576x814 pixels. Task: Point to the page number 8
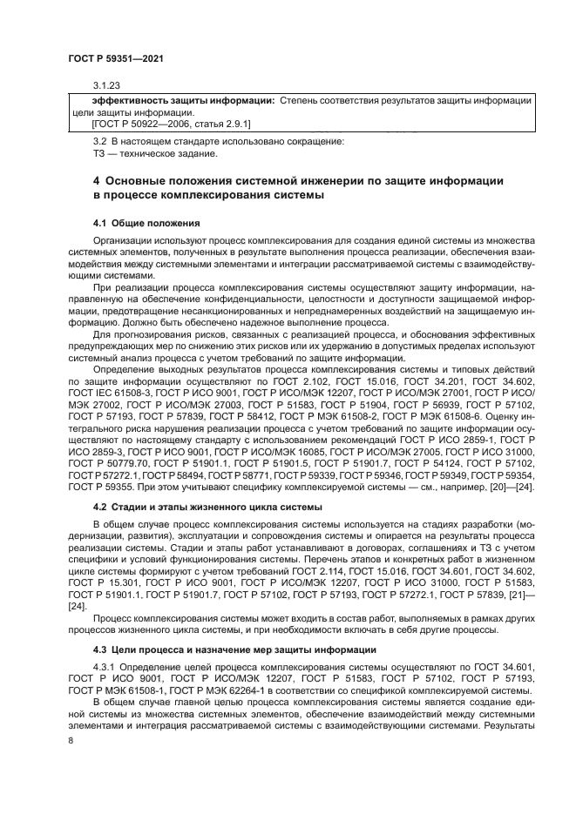[x=71, y=740]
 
